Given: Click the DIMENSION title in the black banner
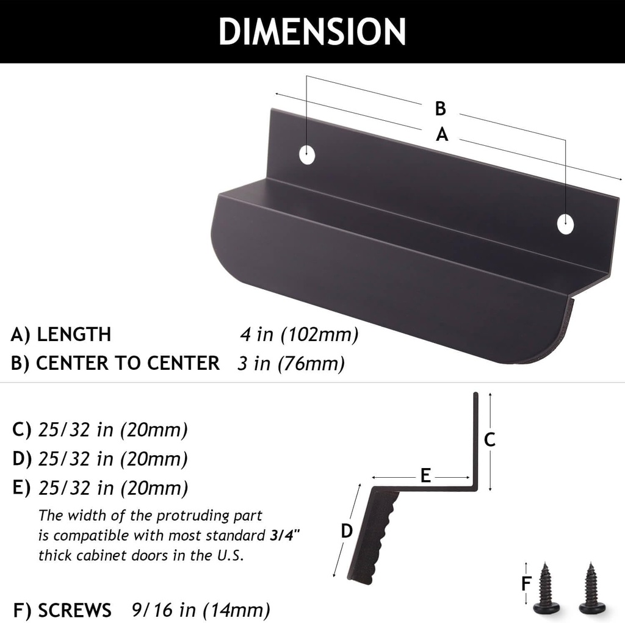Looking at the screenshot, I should (312, 31).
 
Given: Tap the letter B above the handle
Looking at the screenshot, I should (441, 109).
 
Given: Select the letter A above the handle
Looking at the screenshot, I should (443, 135).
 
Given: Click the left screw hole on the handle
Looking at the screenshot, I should (308, 154).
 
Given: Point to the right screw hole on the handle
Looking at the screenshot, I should (566, 224).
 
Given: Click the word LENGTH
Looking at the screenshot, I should (74, 334).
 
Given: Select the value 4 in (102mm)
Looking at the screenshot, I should (298, 335).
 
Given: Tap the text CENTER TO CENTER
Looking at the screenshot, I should (128, 363).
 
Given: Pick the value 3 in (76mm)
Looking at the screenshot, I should (291, 364).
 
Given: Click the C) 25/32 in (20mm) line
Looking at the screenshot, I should (100, 430).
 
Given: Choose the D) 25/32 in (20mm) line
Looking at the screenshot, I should (100, 458).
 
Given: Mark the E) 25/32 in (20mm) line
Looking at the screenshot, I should (100, 488).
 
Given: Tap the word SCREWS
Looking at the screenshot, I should (74, 610).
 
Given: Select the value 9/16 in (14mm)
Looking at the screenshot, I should (201, 610).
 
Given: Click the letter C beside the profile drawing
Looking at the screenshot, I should (490, 439).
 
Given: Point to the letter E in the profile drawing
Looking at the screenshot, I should (425, 475).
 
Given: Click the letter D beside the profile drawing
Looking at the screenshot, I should (347, 531).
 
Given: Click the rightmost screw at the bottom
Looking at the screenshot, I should (591, 588).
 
